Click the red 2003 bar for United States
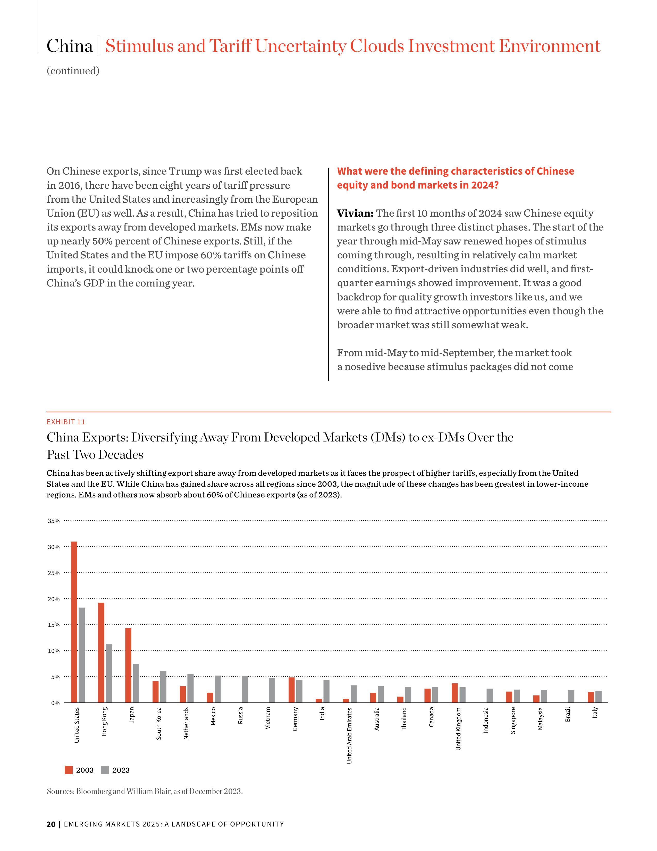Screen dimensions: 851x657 (74, 622)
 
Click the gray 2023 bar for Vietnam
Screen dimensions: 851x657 (272, 690)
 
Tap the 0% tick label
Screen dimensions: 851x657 (56, 703)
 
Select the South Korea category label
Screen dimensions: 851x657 (159, 724)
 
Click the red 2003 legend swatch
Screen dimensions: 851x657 (69, 770)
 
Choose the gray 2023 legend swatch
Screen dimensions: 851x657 (105, 770)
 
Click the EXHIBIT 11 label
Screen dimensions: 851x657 (66, 422)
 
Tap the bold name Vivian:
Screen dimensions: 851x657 (355, 214)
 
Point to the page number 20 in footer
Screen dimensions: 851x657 (50, 824)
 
